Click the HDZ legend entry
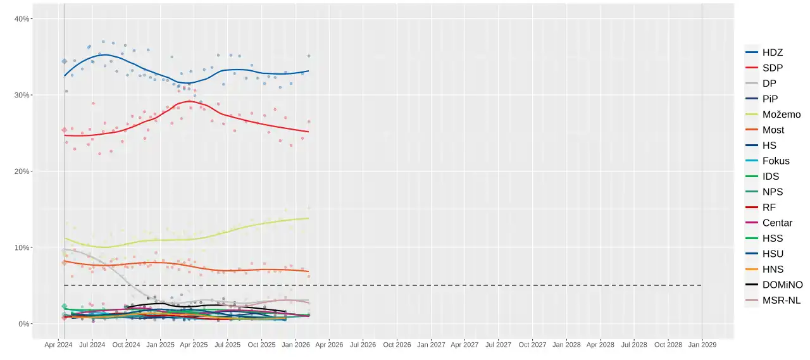764,53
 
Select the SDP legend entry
764,68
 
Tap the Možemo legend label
782,115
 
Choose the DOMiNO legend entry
774,285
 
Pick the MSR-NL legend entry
773,301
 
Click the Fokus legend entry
768,161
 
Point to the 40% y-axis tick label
22,19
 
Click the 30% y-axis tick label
22,95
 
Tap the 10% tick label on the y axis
22,247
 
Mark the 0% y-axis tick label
23,324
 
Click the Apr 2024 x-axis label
58,345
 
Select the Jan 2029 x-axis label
702,345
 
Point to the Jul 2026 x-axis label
363,345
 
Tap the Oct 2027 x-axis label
532,345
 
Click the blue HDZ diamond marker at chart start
65,61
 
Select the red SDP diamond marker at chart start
65,130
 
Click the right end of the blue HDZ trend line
308,71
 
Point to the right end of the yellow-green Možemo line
308,218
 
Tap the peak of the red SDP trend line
189,101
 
